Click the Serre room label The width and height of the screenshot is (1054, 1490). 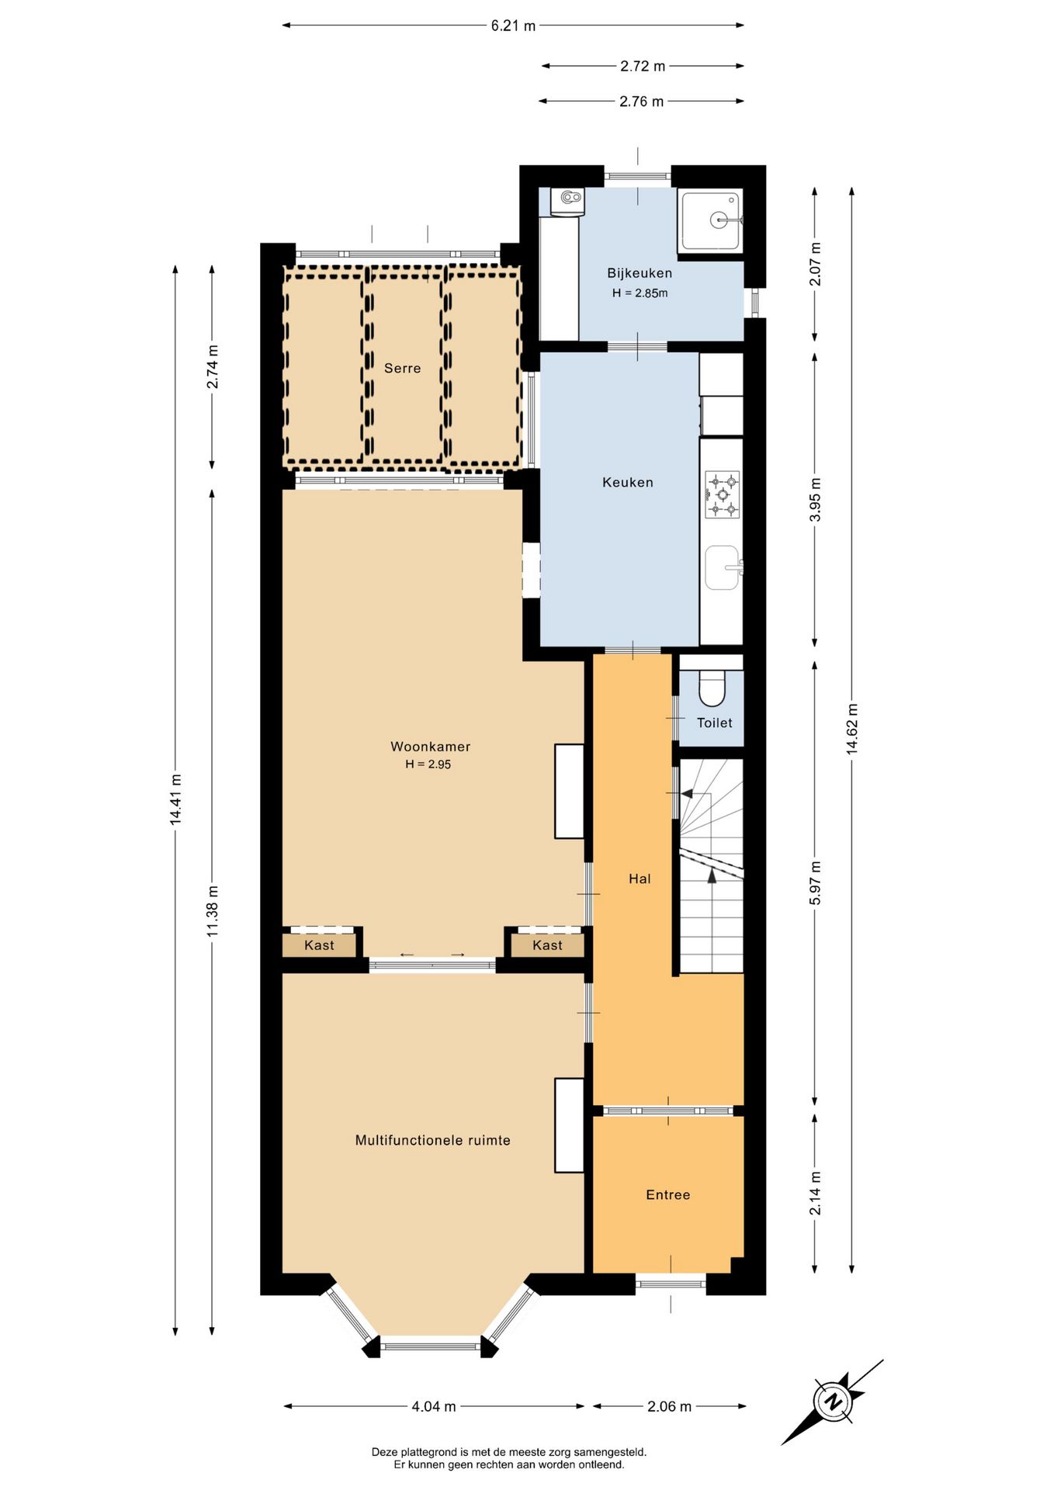[x=402, y=369]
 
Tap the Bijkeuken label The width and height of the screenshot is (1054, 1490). [x=640, y=273]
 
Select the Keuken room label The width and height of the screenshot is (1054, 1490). [x=628, y=483]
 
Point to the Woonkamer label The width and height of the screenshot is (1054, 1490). [x=430, y=747]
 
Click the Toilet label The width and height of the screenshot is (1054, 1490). [x=714, y=723]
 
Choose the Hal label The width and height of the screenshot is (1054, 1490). [x=640, y=878]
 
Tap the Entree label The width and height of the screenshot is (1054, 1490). [x=667, y=1195]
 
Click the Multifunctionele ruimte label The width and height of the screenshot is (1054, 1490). [x=432, y=1141]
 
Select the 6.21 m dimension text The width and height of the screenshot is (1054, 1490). [x=513, y=26]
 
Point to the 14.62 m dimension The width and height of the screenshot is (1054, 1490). [x=852, y=729]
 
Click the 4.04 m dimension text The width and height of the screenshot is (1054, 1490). [x=433, y=1406]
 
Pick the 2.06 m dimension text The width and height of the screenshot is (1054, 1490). [x=669, y=1406]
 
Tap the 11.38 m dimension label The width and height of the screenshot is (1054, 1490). [x=213, y=911]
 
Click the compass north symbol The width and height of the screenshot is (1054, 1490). [x=833, y=1402]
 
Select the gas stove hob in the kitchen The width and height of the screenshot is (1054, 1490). [x=722, y=494]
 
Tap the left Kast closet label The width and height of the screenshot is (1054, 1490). [x=319, y=945]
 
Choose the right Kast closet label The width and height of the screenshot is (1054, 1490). [x=547, y=945]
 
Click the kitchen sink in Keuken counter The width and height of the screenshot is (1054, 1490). [x=723, y=567]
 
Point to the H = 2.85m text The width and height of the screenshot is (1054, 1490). [x=640, y=293]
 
